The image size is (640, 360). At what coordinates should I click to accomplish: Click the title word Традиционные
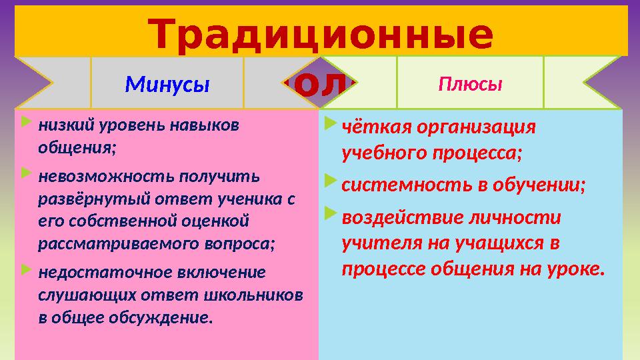pyautogui.click(x=320, y=35)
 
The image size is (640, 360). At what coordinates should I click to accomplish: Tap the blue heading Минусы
pyautogui.click(x=167, y=85)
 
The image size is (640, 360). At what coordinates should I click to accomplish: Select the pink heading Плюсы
pyautogui.click(x=470, y=85)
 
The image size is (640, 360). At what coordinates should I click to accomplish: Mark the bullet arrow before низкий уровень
pyautogui.click(x=25, y=123)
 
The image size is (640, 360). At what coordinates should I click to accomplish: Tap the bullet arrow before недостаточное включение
pyautogui.click(x=25, y=271)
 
